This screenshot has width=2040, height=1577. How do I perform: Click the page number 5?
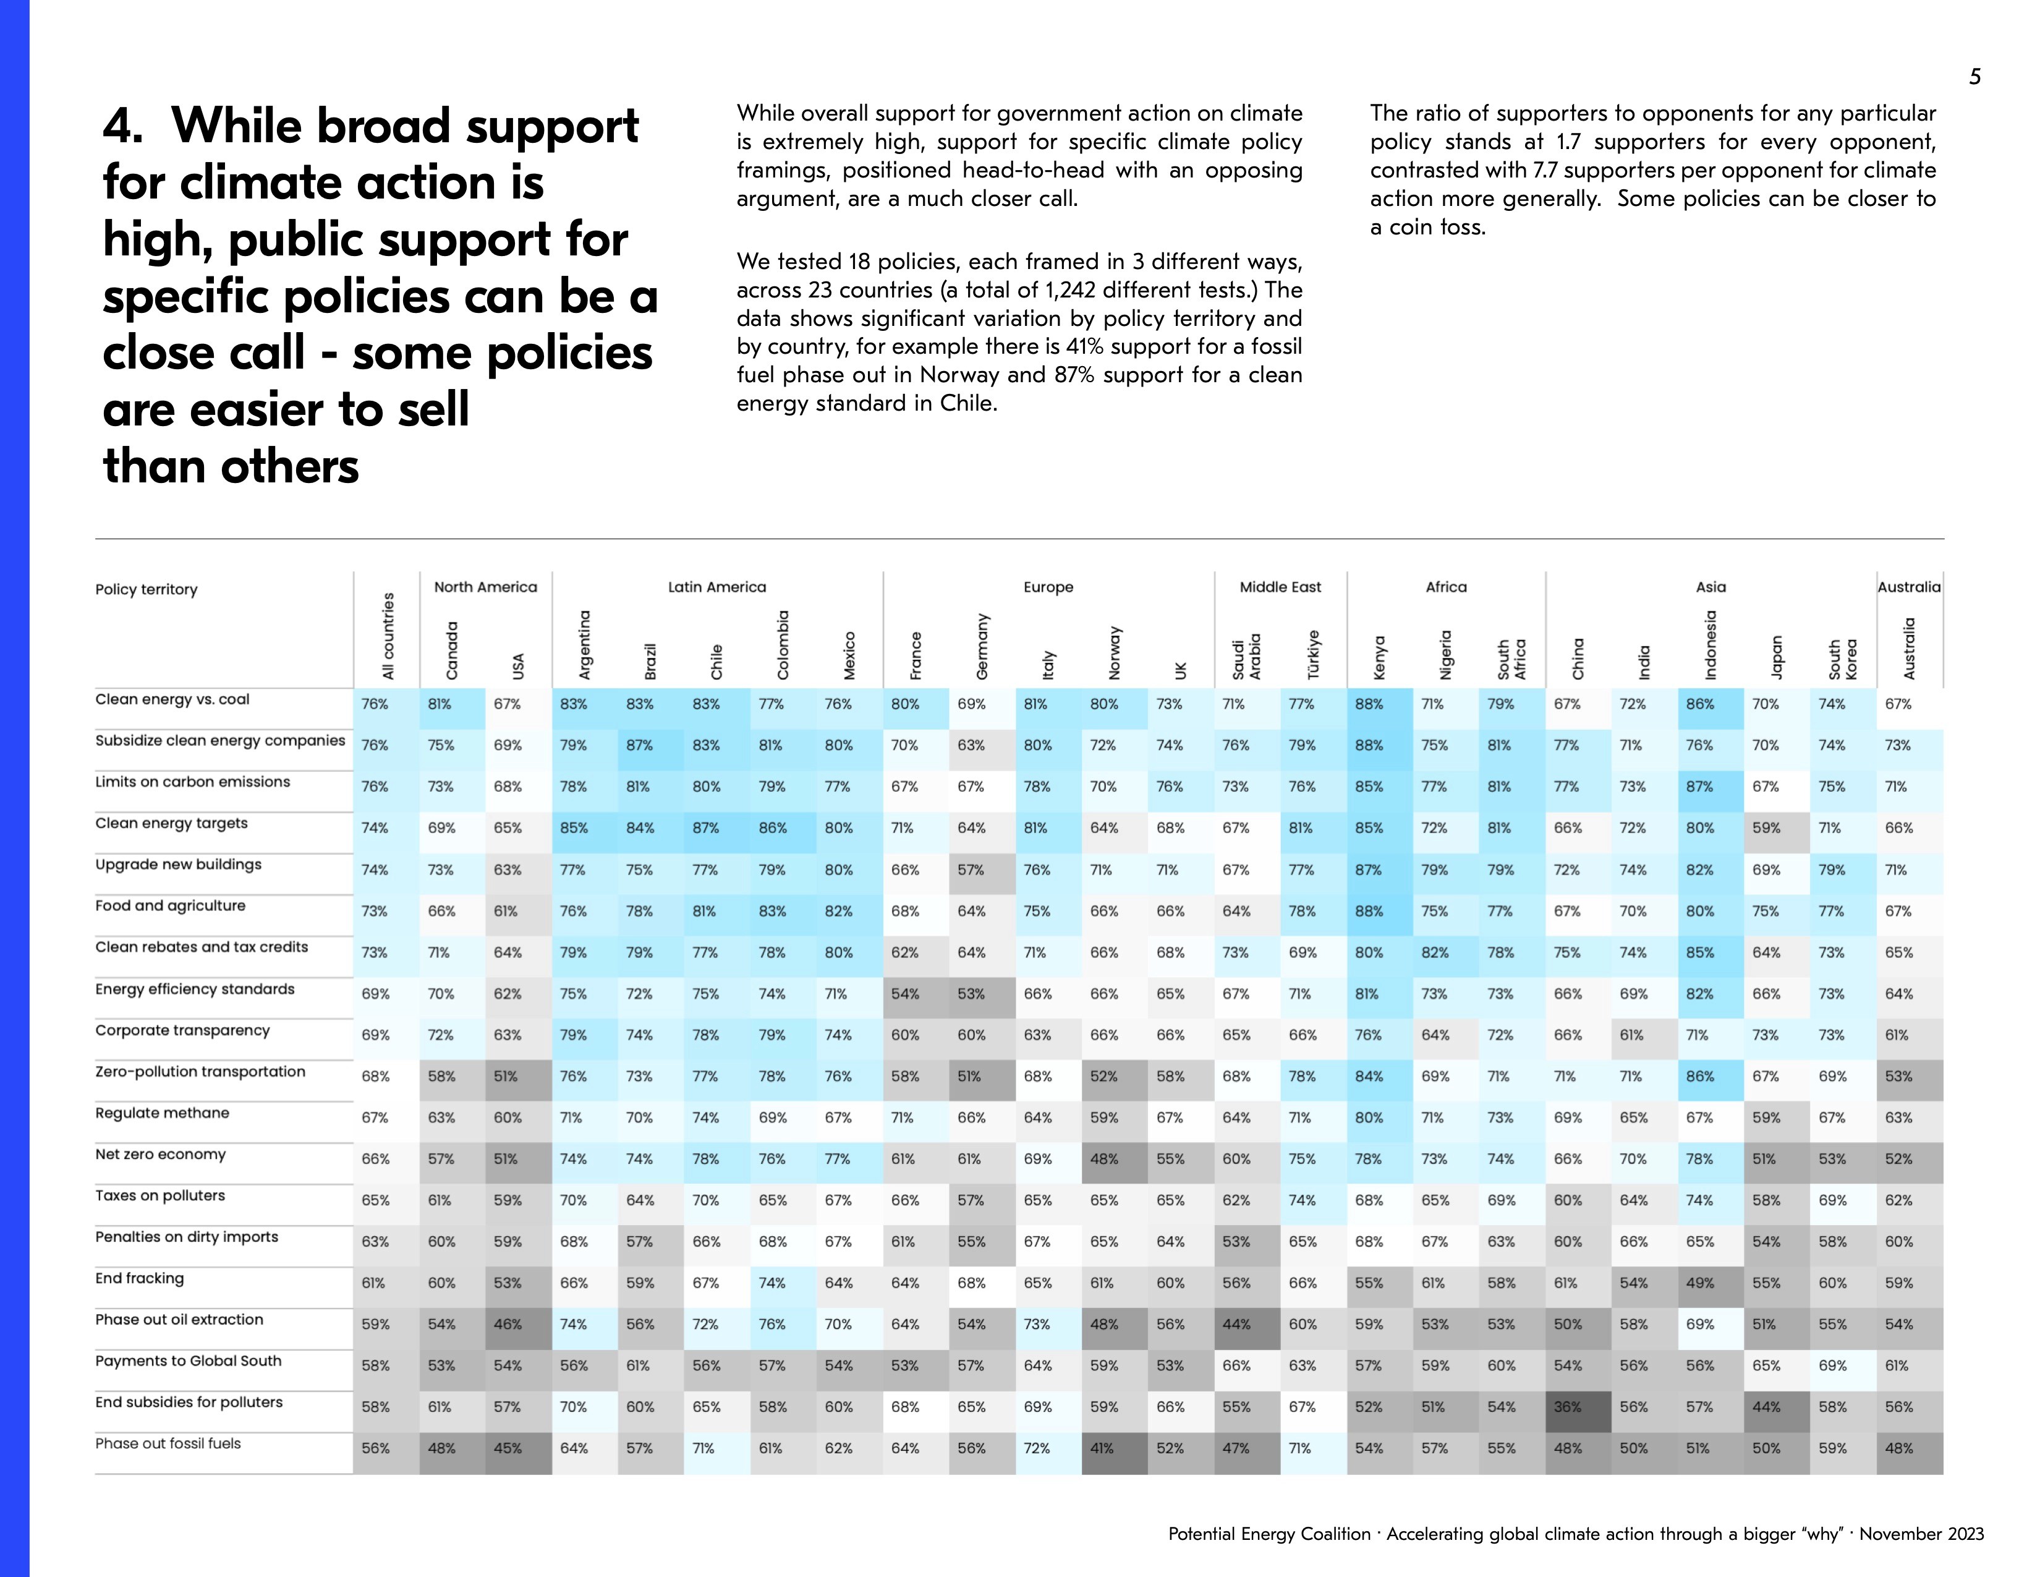[1974, 77]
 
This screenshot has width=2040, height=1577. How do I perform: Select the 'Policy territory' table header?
[146, 589]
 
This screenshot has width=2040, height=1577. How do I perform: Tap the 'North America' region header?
[486, 587]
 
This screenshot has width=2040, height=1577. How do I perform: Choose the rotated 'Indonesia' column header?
[1711, 644]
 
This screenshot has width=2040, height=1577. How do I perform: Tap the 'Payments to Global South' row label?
[188, 1361]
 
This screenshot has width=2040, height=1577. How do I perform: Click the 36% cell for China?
[1567, 1407]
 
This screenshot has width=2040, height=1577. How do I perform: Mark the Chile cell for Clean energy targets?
[706, 827]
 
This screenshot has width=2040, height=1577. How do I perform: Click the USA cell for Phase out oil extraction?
[507, 1324]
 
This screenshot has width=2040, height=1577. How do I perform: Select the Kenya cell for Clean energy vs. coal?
[1369, 704]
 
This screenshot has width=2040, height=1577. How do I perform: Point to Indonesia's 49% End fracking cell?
[1700, 1283]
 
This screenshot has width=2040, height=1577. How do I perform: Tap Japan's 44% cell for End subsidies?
[1766, 1407]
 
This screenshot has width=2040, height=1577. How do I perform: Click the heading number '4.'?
[123, 126]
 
